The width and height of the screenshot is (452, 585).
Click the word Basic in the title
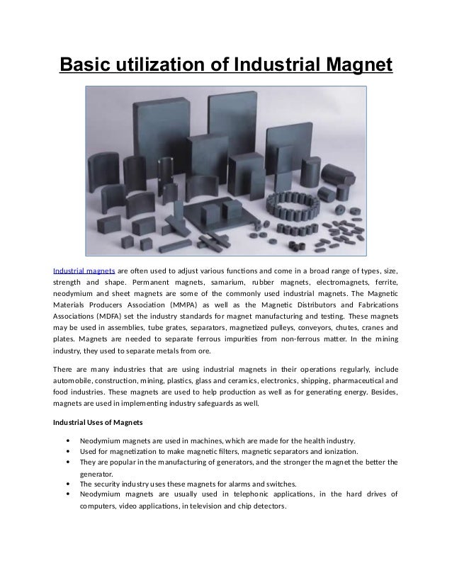click(81, 66)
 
